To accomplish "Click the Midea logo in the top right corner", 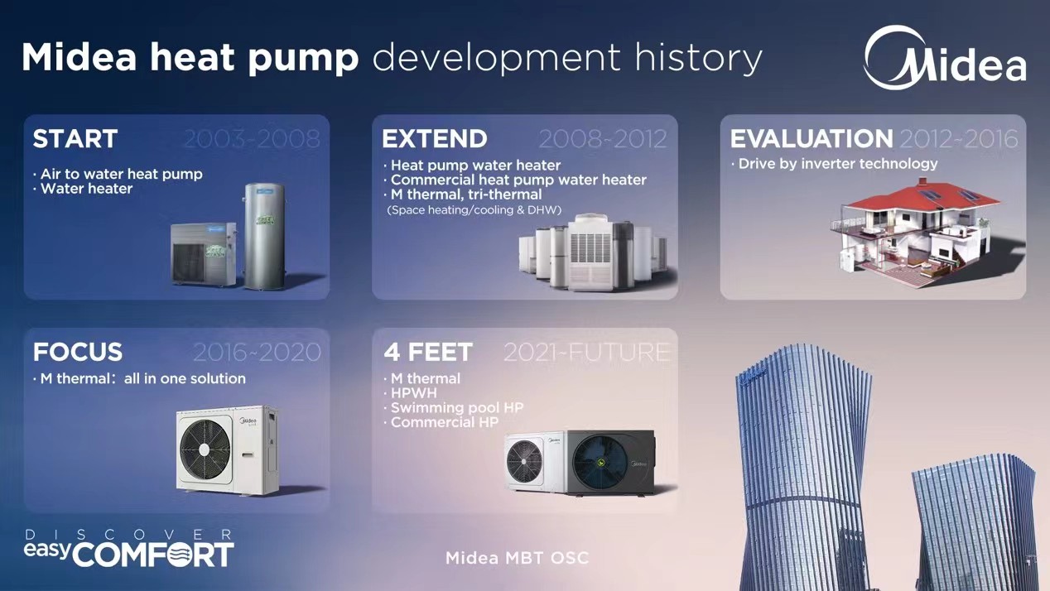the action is [945, 58].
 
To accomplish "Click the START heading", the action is [75, 139].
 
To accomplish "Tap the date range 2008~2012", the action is [603, 139].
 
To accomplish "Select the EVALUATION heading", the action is [812, 139].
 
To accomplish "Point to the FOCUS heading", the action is [78, 352].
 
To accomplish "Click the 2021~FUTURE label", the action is [587, 353].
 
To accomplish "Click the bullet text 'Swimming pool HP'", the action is [456, 408].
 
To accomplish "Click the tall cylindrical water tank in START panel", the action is [264, 236].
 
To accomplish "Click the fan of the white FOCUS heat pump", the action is [205, 449].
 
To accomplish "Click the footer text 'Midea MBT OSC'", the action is [517, 558].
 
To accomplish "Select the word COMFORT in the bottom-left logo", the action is [153, 555].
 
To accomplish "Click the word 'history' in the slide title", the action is [698, 58].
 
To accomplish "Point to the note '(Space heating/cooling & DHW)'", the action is [474, 210].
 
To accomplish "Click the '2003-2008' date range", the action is [252, 139].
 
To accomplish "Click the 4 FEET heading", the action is [427, 353].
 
